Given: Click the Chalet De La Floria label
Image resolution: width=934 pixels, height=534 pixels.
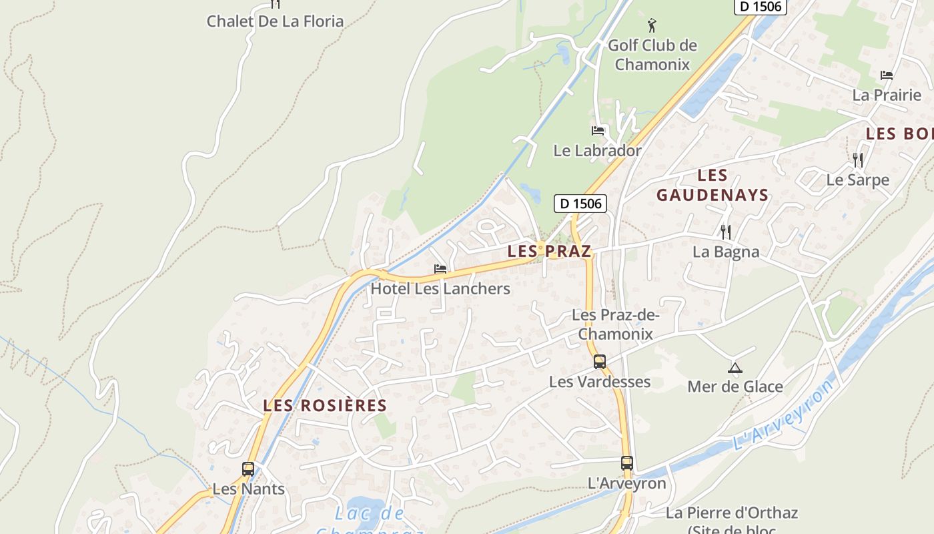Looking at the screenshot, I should (275, 21).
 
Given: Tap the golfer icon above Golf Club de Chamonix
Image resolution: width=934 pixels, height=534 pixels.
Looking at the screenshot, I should (652, 26).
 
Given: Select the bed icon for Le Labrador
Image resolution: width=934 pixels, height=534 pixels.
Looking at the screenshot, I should (598, 131).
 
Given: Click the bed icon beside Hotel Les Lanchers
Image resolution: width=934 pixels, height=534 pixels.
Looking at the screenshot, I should (440, 269).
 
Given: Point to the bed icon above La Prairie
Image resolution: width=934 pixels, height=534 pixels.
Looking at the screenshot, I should (887, 75).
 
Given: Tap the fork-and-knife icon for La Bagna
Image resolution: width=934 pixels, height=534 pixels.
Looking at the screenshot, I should (726, 232).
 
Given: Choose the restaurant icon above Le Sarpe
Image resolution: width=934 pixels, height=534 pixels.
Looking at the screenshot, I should (858, 160).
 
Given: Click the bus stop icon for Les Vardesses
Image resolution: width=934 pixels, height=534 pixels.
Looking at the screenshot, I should (600, 362).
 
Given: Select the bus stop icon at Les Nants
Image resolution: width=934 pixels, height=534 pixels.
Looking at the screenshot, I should (248, 469).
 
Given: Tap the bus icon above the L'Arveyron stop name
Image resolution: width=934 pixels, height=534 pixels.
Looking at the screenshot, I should (626, 463).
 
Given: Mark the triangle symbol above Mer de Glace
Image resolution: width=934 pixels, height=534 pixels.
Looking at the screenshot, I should (735, 368).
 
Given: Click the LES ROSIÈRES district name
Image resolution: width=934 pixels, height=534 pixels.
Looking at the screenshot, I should (325, 406).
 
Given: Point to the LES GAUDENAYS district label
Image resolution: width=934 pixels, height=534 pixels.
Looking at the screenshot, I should (713, 186).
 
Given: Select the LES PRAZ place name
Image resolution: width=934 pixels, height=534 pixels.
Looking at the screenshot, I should (549, 252).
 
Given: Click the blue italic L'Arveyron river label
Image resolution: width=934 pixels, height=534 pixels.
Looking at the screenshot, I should (783, 415).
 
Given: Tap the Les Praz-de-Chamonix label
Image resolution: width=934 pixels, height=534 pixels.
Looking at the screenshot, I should (615, 324).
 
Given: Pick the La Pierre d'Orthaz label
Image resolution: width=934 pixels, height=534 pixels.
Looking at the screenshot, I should (732, 513).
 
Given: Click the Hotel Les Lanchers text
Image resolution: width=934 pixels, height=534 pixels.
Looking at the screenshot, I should (440, 289).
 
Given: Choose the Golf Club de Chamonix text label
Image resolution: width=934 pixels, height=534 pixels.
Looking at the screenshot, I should (652, 55).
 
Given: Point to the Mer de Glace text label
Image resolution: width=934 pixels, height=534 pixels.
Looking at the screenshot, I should (735, 386).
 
